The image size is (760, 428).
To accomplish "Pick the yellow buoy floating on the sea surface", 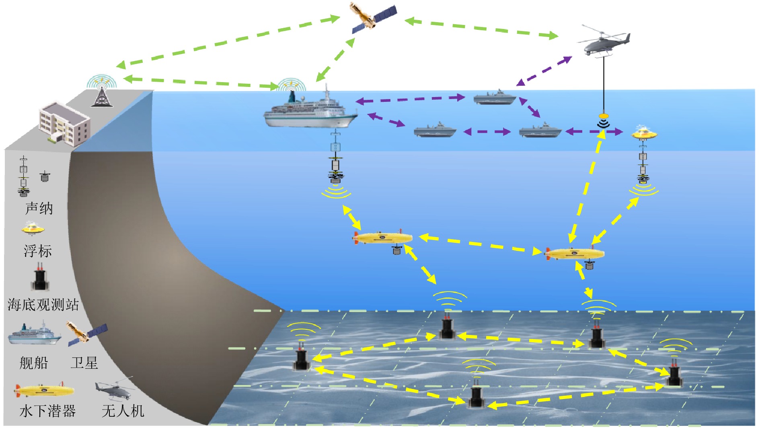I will click(x=644, y=132).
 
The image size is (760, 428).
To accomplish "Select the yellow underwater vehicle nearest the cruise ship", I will click(x=383, y=238).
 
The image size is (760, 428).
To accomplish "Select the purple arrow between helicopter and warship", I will click(x=544, y=71).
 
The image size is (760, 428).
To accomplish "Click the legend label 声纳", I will click(x=39, y=209).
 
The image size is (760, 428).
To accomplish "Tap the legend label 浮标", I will click(x=38, y=251).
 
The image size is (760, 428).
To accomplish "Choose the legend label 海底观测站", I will click(x=43, y=305).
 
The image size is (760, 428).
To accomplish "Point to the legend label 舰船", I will click(x=34, y=363).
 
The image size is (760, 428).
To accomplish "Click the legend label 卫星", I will click(x=84, y=363).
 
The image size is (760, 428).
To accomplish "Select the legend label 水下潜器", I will click(x=47, y=411).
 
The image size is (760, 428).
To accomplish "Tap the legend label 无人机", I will click(x=123, y=411).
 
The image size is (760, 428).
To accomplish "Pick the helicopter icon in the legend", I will click(x=114, y=389).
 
